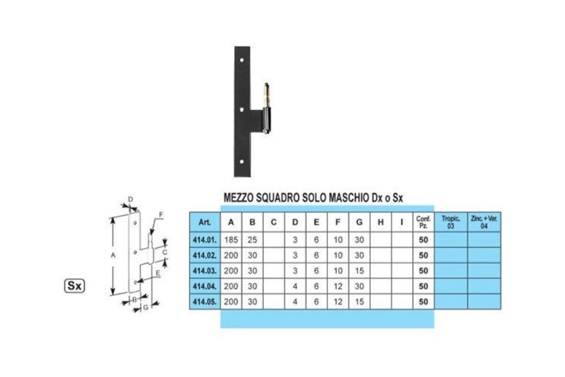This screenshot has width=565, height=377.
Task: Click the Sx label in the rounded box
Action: [x=75, y=286]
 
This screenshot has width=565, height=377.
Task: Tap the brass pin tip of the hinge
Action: [x=266, y=85]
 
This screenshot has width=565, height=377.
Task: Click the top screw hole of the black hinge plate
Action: [x=242, y=60]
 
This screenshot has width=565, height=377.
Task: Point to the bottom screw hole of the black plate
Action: [x=242, y=161]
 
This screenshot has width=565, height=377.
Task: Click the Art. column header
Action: [x=205, y=222]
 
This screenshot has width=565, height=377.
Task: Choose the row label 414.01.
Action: [x=205, y=240]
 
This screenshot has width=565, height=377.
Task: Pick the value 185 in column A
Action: [x=231, y=240]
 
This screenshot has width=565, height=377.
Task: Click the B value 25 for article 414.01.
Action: [x=252, y=240]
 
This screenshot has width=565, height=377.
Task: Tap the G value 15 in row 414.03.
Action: [x=359, y=270]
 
